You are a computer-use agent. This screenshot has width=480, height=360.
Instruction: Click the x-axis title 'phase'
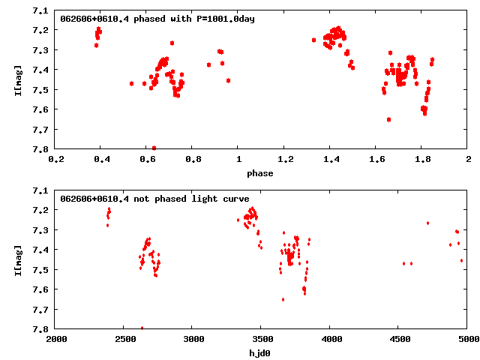[262, 173]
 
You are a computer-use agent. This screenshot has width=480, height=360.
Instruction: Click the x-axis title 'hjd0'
[262, 352]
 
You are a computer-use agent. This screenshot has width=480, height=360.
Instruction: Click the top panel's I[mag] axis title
[17, 80]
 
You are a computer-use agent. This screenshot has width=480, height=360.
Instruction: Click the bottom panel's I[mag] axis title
[17, 259]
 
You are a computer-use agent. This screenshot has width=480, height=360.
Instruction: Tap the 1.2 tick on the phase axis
[284, 159]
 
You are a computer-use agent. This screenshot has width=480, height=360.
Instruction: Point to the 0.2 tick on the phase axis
[55, 159]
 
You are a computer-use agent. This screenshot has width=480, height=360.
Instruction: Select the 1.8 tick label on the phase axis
[422, 159]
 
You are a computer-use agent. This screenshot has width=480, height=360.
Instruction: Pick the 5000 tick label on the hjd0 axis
[468, 339]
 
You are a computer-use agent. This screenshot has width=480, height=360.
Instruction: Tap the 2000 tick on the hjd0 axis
[55, 339]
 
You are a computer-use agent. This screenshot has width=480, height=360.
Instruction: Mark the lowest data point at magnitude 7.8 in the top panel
[154, 148]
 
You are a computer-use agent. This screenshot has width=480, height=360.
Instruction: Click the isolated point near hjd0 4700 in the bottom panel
[427, 223]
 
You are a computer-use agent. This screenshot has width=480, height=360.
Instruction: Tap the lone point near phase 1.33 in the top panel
[313, 40]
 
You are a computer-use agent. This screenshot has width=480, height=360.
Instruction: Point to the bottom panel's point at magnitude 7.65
[283, 299]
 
